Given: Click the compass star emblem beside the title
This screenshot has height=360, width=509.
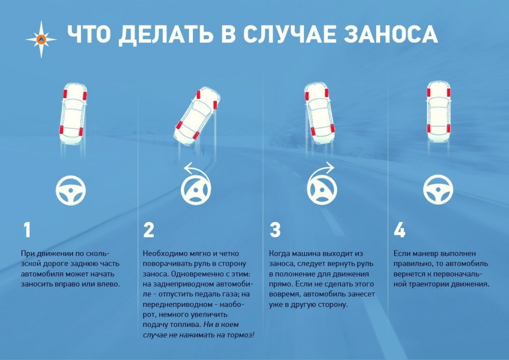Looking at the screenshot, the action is [41, 40].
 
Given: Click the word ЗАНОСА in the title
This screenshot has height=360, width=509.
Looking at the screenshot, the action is [391, 34].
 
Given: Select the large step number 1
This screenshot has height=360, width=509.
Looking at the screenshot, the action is [27, 230].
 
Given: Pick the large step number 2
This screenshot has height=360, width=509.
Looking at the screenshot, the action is [149, 230].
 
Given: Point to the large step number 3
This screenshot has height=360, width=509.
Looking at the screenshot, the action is [275, 230].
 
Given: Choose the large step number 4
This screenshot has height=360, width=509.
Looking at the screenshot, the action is [399, 230].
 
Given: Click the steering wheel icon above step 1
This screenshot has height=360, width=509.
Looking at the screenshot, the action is [70, 190].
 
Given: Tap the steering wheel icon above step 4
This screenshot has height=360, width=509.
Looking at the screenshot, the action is [438, 189].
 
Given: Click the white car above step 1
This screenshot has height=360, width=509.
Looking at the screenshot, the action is [73, 113].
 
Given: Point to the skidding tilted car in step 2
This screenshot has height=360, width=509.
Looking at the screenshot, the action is [197, 116].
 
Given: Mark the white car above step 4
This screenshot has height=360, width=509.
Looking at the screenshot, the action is [439, 112].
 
